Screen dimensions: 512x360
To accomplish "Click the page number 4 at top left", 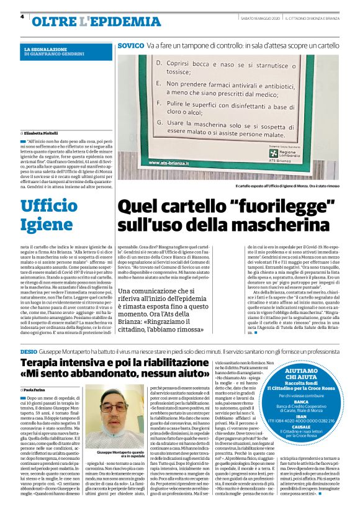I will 22,17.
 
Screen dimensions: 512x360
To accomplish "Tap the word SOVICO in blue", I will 131,46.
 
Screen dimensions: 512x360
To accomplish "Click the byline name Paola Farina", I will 39,390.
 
